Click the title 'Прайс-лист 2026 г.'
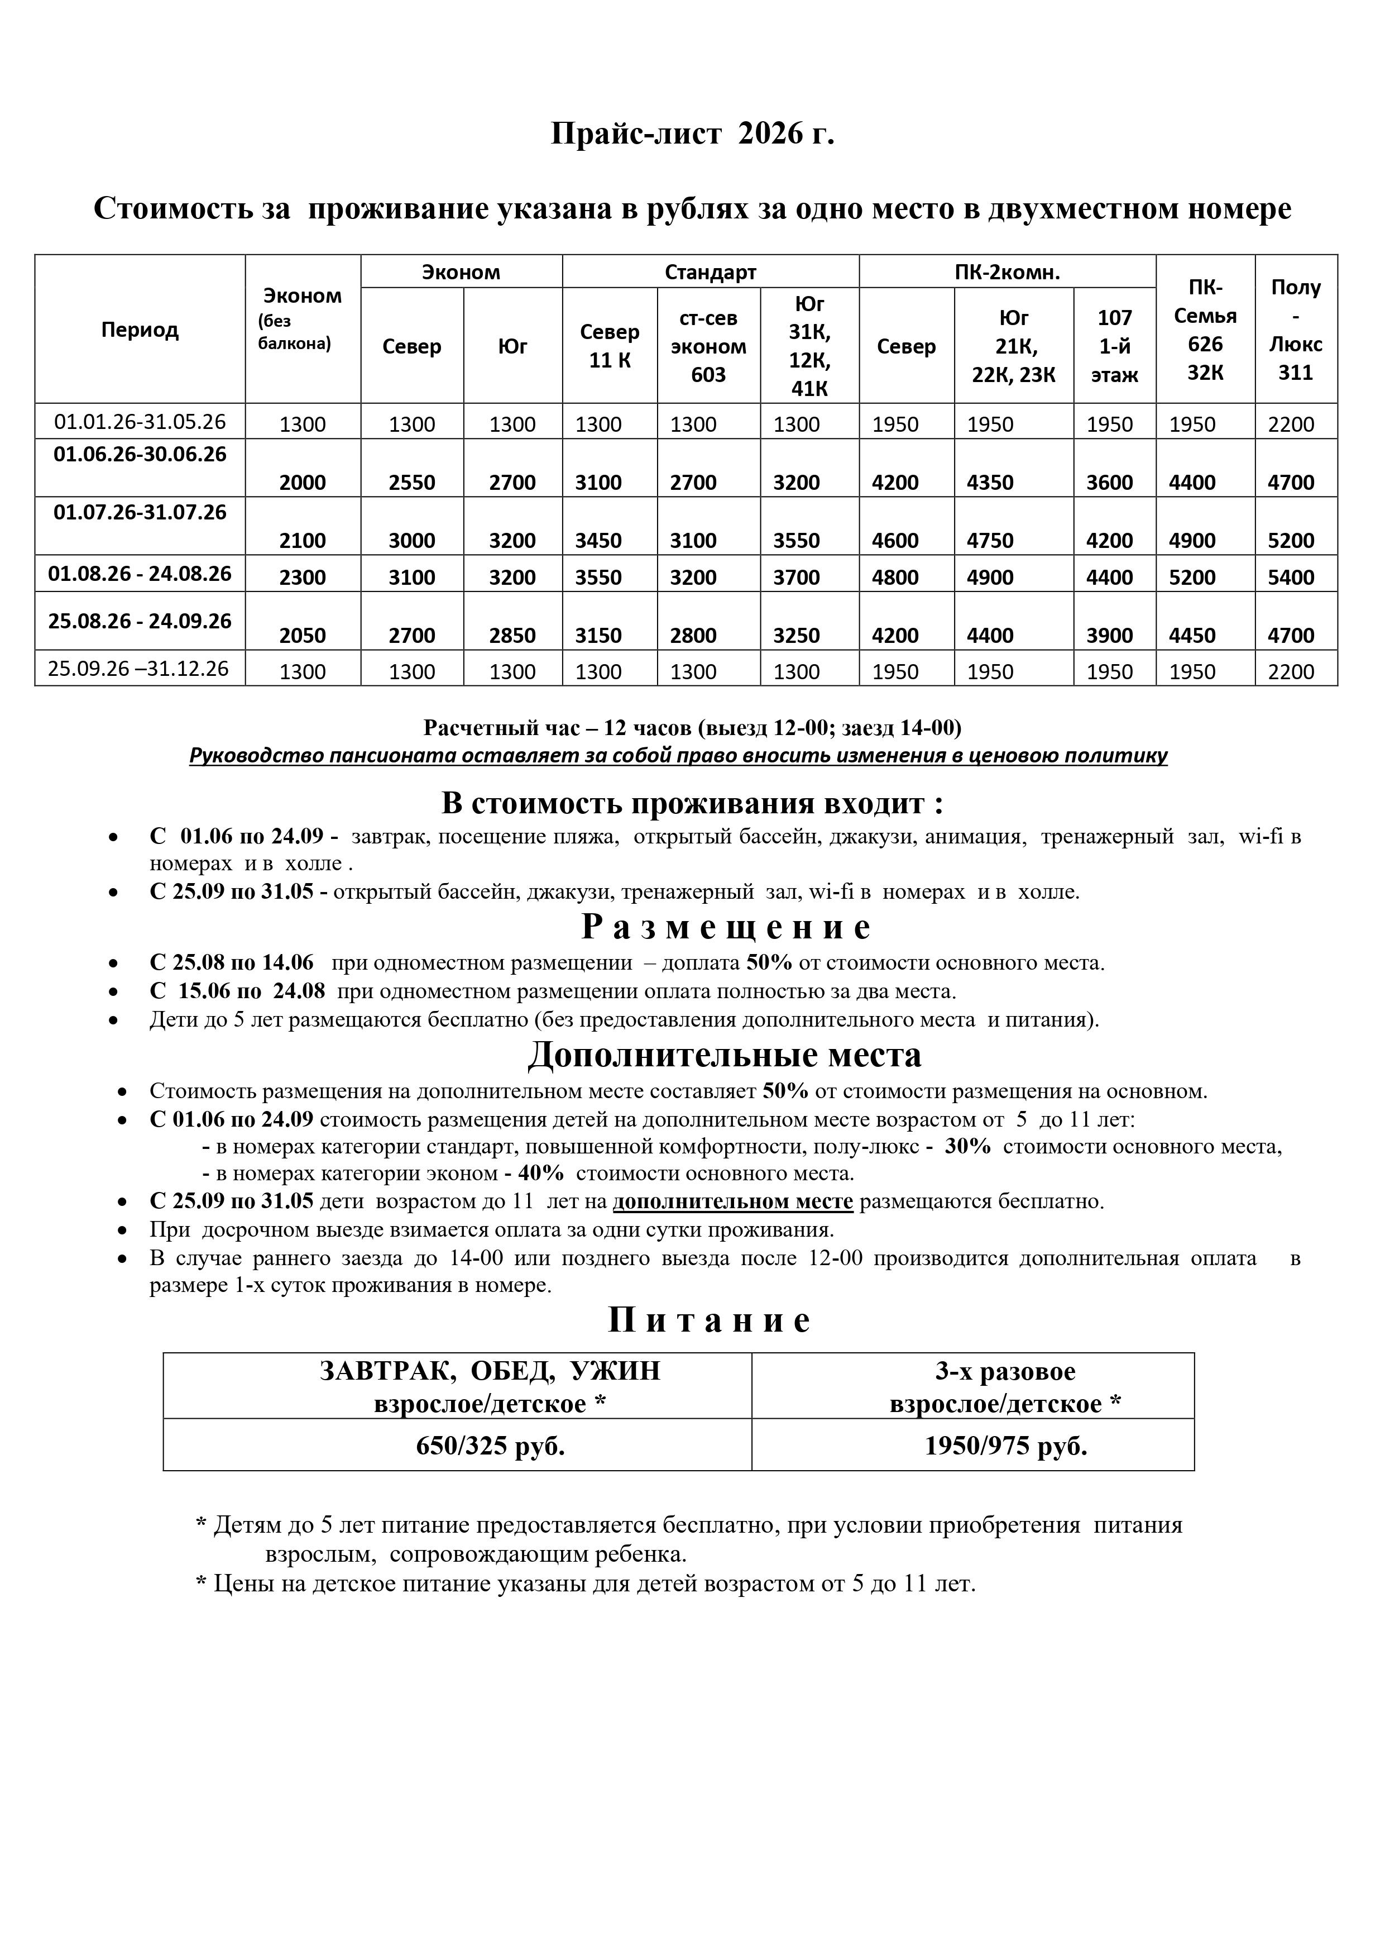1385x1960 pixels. (692, 134)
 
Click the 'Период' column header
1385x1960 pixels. (140, 330)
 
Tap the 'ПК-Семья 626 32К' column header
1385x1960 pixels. (1205, 330)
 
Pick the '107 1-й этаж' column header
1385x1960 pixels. (1114, 346)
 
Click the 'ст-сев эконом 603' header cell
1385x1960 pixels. (708, 346)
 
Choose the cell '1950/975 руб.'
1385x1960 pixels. (1006, 1445)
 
